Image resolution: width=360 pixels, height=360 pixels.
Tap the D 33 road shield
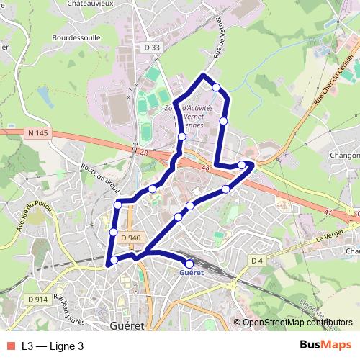click(x=151, y=48)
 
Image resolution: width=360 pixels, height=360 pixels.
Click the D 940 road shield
click(x=131, y=238)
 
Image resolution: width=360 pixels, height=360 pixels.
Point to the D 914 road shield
click(x=37, y=299)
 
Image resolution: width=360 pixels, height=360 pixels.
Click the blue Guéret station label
click(x=192, y=273)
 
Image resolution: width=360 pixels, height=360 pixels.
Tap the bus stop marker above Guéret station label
click(x=190, y=264)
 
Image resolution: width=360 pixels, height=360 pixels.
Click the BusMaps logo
click(x=325, y=345)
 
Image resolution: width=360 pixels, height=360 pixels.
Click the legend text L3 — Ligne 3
click(x=53, y=346)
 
